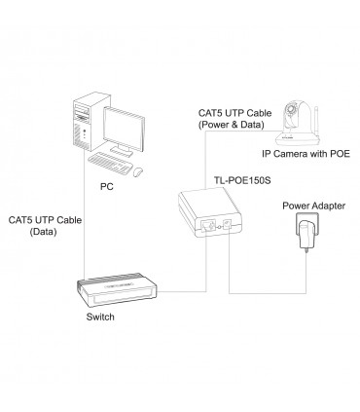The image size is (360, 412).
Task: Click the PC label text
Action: [x=107, y=187]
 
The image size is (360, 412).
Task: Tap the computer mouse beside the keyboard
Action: [x=139, y=171]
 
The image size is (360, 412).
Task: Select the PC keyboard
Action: [x=110, y=162]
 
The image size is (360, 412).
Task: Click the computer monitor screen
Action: [x=124, y=128]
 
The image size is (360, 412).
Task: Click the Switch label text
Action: [x=100, y=317]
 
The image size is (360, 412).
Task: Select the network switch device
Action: [x=117, y=290]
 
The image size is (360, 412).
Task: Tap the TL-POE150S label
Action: [x=242, y=180]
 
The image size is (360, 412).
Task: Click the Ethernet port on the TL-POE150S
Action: [x=207, y=225]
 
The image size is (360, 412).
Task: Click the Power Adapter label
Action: [x=313, y=206]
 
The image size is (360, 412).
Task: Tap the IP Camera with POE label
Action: [x=306, y=154]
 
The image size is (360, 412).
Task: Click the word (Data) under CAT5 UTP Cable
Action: [x=43, y=232]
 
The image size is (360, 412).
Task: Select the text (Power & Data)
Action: [x=232, y=125]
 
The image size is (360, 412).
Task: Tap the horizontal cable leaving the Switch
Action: [x=182, y=291]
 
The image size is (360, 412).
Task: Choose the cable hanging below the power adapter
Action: [x=306, y=274]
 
